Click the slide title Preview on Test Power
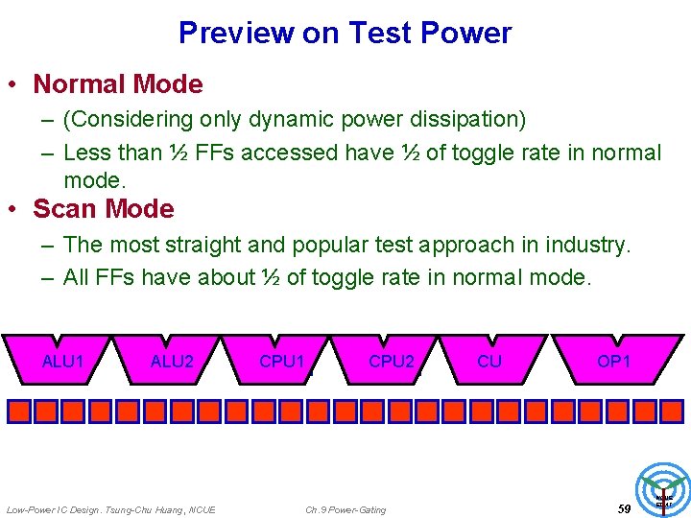point(345,34)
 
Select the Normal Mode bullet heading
point(117,84)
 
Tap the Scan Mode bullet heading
point(104,209)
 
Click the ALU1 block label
point(63,362)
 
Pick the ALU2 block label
point(172,362)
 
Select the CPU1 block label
point(282,362)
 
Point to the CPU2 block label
point(392,362)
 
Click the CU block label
point(489,362)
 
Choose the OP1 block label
point(613,362)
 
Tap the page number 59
point(624,508)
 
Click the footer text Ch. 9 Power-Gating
point(345,509)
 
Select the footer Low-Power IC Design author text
point(110,509)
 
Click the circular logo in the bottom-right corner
point(663,490)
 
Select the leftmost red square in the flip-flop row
point(18,412)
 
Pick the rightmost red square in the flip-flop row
point(672,412)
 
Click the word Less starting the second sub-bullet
point(86,153)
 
